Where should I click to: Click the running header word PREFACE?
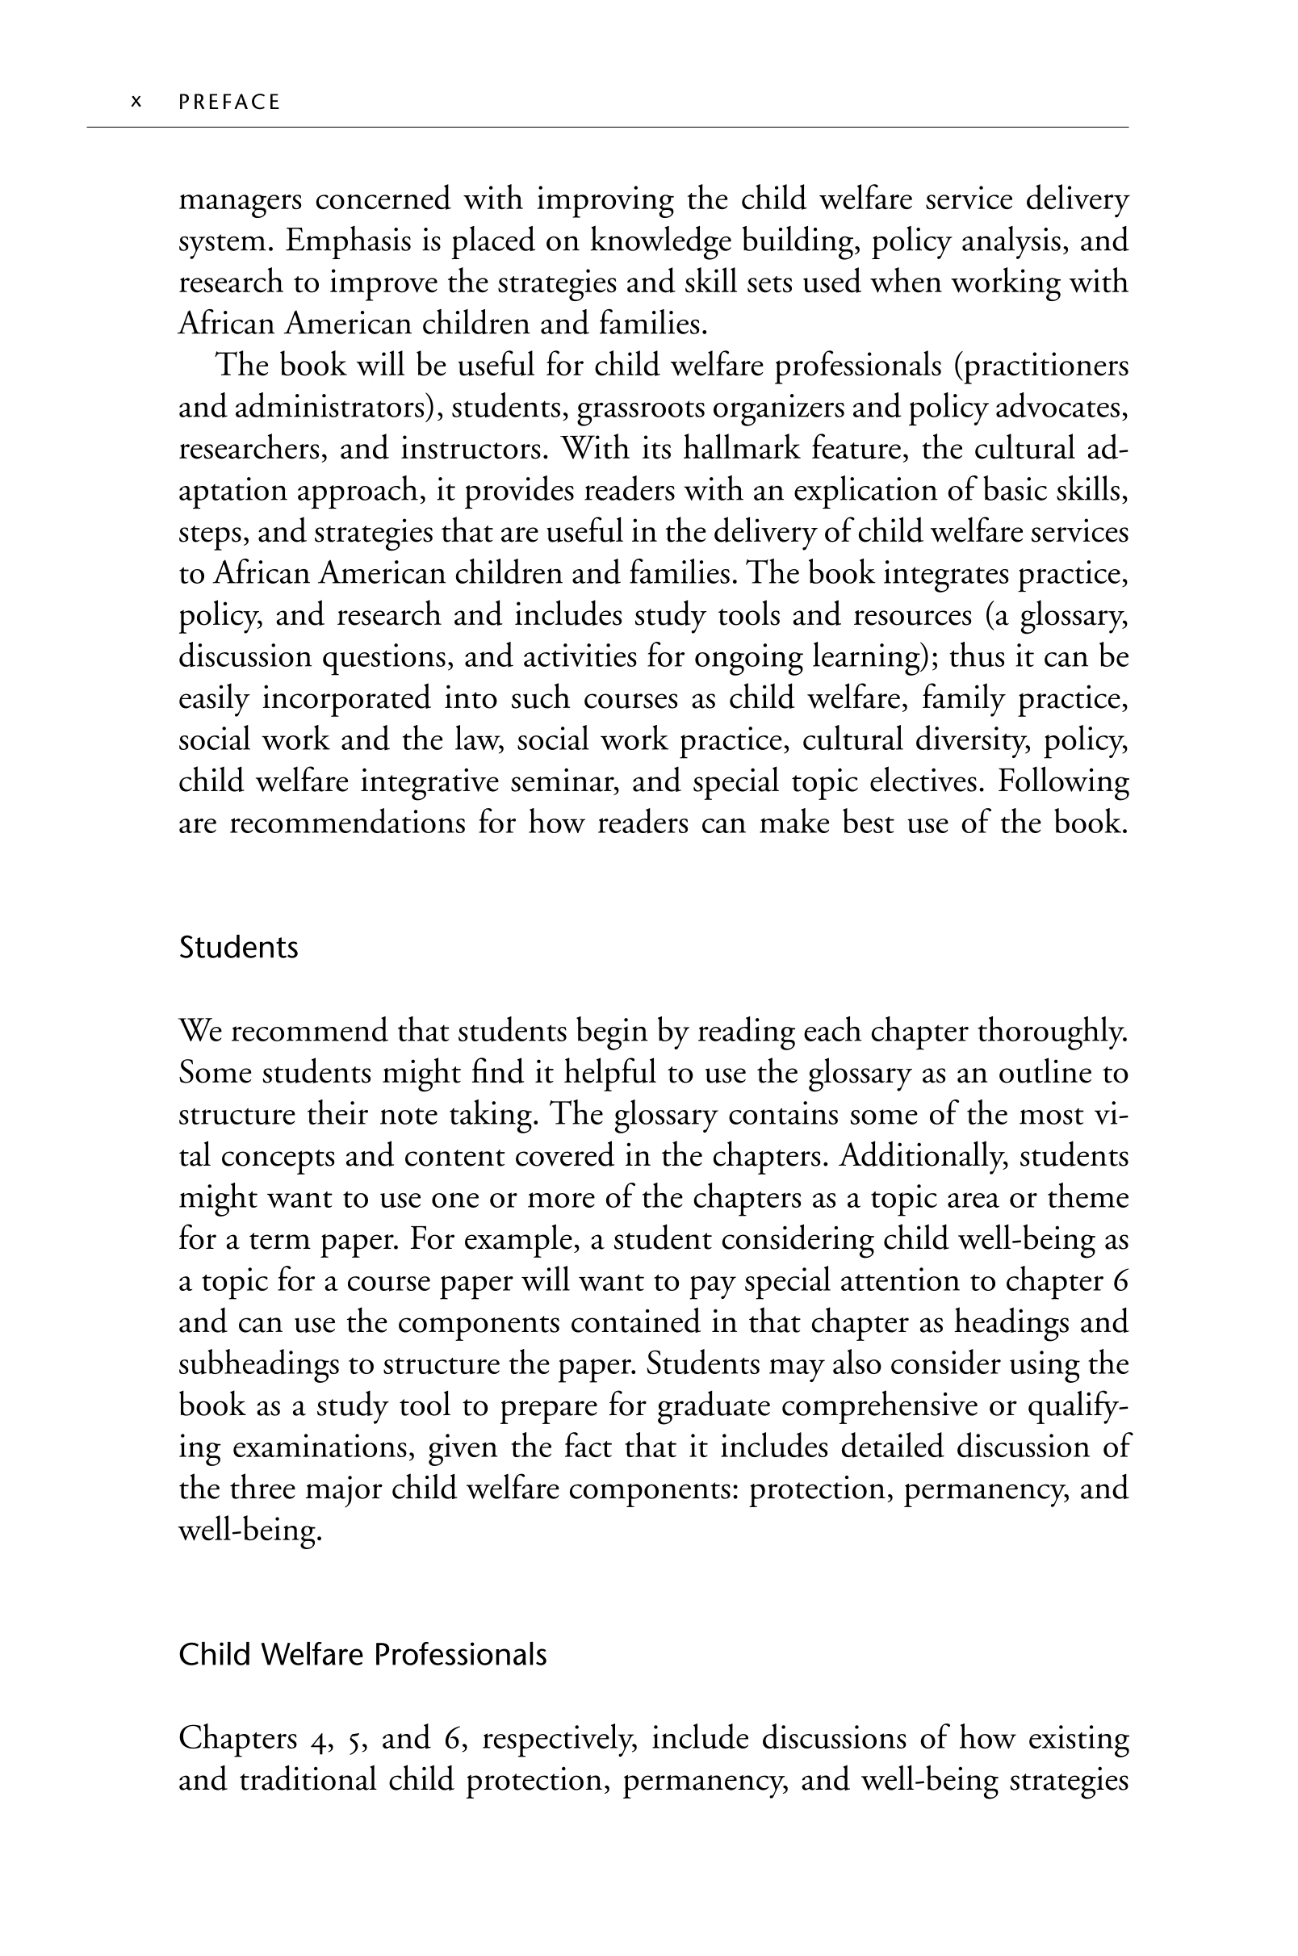[x=229, y=102]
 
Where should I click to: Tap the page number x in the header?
[x=136, y=102]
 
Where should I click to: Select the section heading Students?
[x=238, y=947]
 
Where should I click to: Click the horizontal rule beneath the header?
[x=608, y=128]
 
